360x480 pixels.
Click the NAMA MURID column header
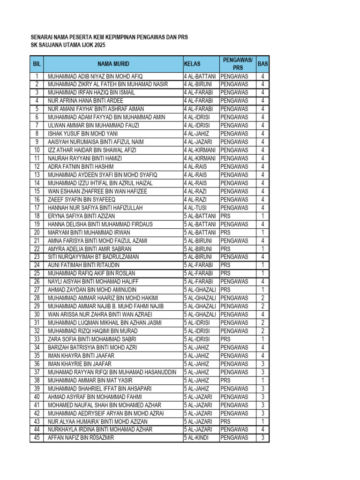(113, 64)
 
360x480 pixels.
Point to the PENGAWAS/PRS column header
(238, 64)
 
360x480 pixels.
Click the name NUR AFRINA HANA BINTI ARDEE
(85, 101)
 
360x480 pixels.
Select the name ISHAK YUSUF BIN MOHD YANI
(82, 134)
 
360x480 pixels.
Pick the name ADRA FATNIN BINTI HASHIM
(81, 166)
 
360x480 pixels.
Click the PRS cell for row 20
(225, 232)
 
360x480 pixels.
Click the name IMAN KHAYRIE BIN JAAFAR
(80, 364)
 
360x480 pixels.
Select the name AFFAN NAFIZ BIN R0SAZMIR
(81, 438)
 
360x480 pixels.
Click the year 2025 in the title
(99, 45)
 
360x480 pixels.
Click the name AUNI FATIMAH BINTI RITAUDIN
(83, 265)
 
